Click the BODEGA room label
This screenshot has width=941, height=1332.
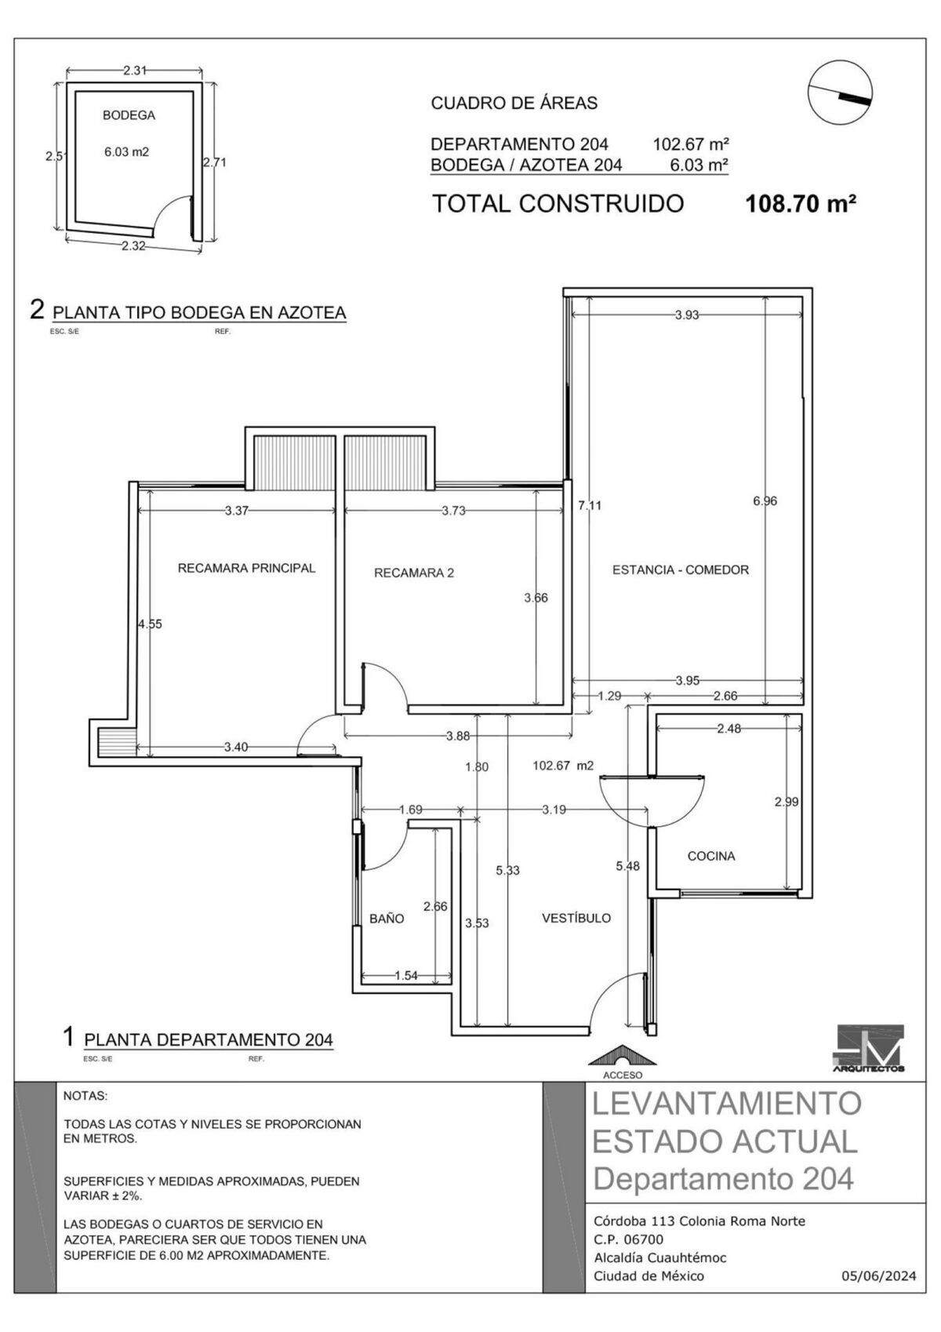(129, 115)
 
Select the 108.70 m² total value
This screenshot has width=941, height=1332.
(800, 205)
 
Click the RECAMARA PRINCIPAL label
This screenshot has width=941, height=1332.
(247, 568)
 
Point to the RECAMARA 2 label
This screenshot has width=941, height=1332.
(414, 573)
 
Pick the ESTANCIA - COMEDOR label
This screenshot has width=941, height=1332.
(681, 570)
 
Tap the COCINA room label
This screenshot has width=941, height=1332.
(711, 856)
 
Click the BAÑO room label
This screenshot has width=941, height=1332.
(387, 918)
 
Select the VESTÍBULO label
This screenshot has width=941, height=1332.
(576, 918)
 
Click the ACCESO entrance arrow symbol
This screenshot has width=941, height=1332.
(622, 1056)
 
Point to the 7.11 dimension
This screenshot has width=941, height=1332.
(590, 505)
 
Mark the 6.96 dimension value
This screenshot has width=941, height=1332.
(765, 500)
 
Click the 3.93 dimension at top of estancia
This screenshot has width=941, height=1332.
(687, 315)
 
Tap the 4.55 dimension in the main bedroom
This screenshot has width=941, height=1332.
(150, 624)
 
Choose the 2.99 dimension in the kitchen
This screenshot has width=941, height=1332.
(787, 802)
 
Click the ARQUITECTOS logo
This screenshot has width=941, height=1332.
(869, 1049)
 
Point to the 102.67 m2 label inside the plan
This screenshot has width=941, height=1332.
(563, 766)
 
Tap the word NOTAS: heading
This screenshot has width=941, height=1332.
(85, 1095)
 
